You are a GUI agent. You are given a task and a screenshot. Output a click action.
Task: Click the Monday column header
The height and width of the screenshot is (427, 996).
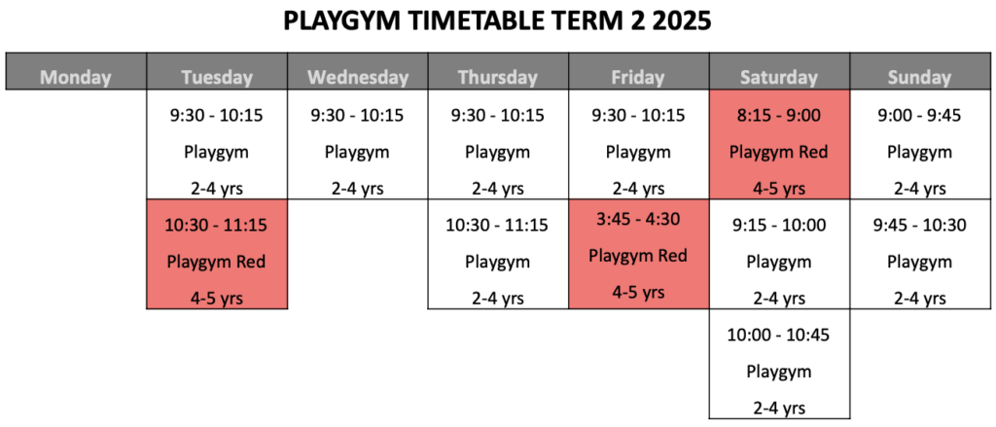(76, 78)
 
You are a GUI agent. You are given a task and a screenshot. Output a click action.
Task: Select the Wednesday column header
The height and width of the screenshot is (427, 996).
(358, 78)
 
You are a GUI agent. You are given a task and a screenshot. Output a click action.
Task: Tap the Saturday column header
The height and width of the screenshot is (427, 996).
(779, 78)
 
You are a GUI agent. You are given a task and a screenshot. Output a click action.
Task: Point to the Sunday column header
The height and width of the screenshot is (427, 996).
(920, 78)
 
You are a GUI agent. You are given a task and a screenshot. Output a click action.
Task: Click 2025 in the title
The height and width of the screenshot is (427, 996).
(684, 20)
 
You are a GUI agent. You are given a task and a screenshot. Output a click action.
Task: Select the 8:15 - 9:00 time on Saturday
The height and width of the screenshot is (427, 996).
(779, 116)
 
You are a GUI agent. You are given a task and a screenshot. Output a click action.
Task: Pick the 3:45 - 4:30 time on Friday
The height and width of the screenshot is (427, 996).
(638, 219)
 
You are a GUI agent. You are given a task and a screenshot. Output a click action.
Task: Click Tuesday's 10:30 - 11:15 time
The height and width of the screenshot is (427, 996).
(217, 226)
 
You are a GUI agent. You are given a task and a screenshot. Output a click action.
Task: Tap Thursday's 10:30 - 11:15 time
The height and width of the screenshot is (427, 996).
(498, 226)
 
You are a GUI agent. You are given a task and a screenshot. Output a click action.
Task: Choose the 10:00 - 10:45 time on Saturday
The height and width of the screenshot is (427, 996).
(779, 335)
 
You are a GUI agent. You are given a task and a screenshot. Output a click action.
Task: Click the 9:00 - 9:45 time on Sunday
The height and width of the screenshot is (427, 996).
(920, 116)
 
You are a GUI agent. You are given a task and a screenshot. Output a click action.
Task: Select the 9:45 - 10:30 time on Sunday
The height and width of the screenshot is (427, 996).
(920, 225)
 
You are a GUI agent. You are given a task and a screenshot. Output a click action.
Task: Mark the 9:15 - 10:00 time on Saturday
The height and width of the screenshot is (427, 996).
(779, 225)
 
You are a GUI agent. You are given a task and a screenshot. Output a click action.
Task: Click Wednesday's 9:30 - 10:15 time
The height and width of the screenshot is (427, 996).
(358, 116)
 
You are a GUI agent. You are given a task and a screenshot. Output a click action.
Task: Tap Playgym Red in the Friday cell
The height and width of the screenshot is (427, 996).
(638, 256)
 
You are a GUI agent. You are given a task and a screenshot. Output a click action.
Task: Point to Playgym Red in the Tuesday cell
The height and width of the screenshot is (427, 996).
(217, 263)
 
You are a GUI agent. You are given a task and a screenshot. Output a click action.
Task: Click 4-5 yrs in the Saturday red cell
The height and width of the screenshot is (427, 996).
(779, 190)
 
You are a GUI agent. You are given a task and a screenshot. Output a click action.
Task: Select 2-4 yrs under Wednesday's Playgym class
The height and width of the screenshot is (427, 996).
(358, 190)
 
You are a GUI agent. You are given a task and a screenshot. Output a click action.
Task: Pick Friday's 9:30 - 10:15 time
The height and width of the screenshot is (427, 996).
(638, 116)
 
